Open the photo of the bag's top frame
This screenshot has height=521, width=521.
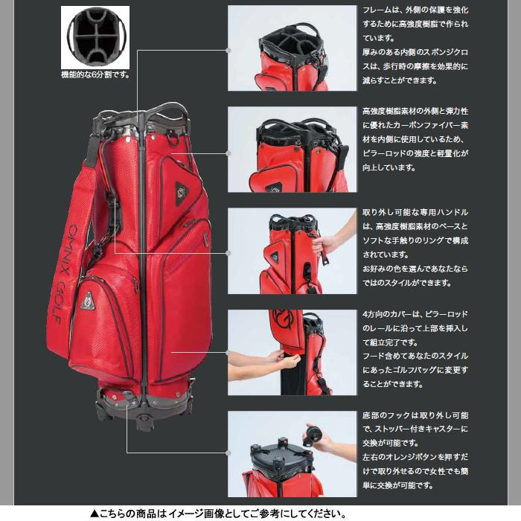pos(292,48)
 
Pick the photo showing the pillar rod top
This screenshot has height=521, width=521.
pos(292,149)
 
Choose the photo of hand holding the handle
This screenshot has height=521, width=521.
pos(292,251)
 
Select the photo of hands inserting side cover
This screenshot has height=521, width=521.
pos(292,352)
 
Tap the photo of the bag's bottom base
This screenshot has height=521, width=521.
pos(292,453)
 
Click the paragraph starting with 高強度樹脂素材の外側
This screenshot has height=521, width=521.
pos(415,138)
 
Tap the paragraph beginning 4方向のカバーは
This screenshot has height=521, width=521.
pos(415,348)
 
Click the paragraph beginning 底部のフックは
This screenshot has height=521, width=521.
pos(415,450)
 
